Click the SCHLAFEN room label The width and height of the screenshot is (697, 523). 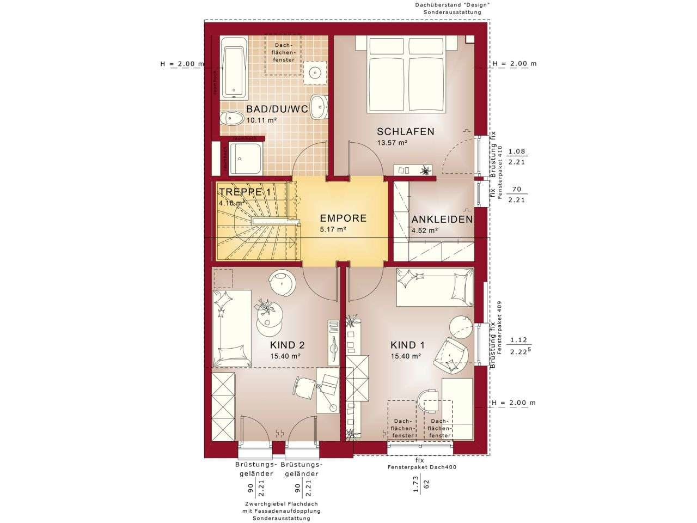click(x=406, y=131)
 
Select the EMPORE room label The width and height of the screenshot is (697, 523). click(x=343, y=218)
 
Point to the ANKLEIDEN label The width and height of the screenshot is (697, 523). click(x=442, y=220)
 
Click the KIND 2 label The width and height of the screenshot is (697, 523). click(x=287, y=345)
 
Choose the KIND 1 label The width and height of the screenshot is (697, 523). click(x=407, y=345)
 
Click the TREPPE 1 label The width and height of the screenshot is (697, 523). click(x=244, y=192)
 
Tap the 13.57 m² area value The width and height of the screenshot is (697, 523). click(x=392, y=143)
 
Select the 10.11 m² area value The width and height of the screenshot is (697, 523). click(x=261, y=120)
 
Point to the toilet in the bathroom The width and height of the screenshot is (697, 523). click(x=234, y=118)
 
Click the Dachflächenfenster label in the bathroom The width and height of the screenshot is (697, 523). click(x=282, y=53)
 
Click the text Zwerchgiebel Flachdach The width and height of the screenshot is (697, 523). click(x=281, y=504)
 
